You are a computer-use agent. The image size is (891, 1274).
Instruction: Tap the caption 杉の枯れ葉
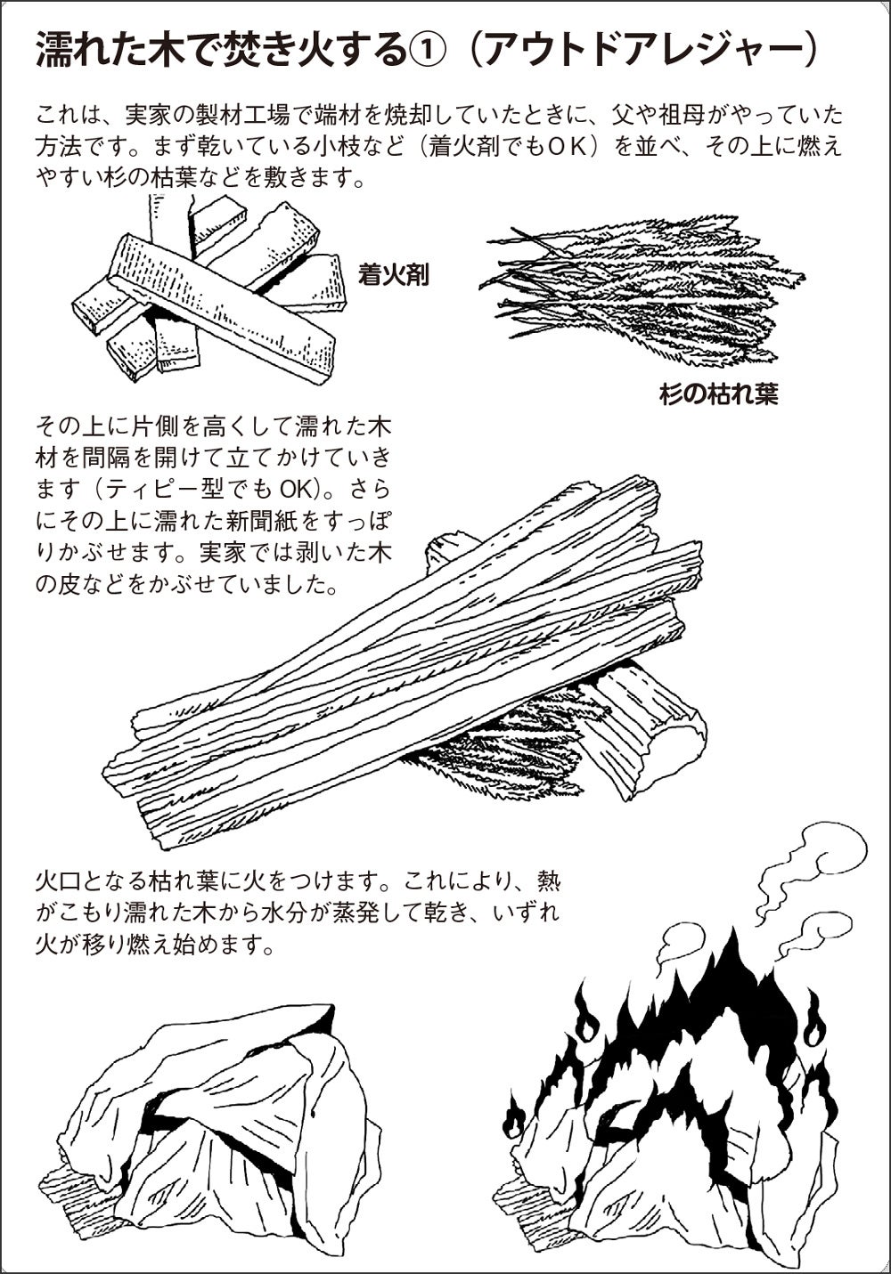pos(719,394)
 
